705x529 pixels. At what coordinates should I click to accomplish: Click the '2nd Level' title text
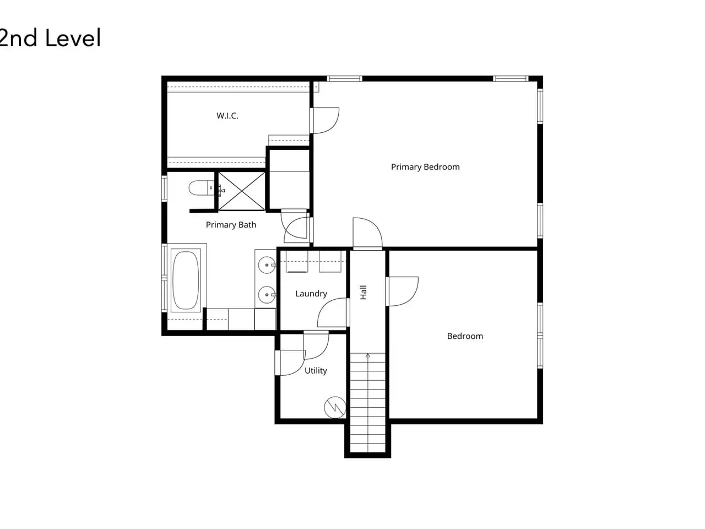point(50,38)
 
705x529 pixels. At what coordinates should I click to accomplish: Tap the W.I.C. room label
point(227,116)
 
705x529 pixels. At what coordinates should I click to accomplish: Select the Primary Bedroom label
point(425,167)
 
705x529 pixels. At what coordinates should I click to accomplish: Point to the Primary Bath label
point(231,224)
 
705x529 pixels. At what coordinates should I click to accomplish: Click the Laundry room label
point(311,294)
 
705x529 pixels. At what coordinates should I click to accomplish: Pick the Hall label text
point(364,292)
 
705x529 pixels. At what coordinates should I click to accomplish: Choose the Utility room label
point(316,371)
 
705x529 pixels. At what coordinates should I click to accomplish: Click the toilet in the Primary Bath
point(202,188)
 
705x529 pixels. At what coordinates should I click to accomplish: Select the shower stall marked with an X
point(242,191)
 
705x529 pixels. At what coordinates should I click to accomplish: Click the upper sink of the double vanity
point(267,265)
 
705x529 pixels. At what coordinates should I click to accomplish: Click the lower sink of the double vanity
point(267,294)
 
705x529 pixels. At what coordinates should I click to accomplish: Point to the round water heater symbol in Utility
point(335,408)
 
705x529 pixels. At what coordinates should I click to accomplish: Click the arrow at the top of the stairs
point(368,356)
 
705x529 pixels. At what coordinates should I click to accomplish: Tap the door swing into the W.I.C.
point(325,121)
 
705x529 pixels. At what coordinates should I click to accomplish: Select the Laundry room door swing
point(333,312)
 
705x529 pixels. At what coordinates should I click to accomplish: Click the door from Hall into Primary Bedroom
point(367,233)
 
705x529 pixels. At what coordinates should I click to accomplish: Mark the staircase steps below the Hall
point(368,403)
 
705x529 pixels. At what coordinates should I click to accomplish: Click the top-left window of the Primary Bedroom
point(345,79)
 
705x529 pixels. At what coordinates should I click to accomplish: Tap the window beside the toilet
point(164,188)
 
